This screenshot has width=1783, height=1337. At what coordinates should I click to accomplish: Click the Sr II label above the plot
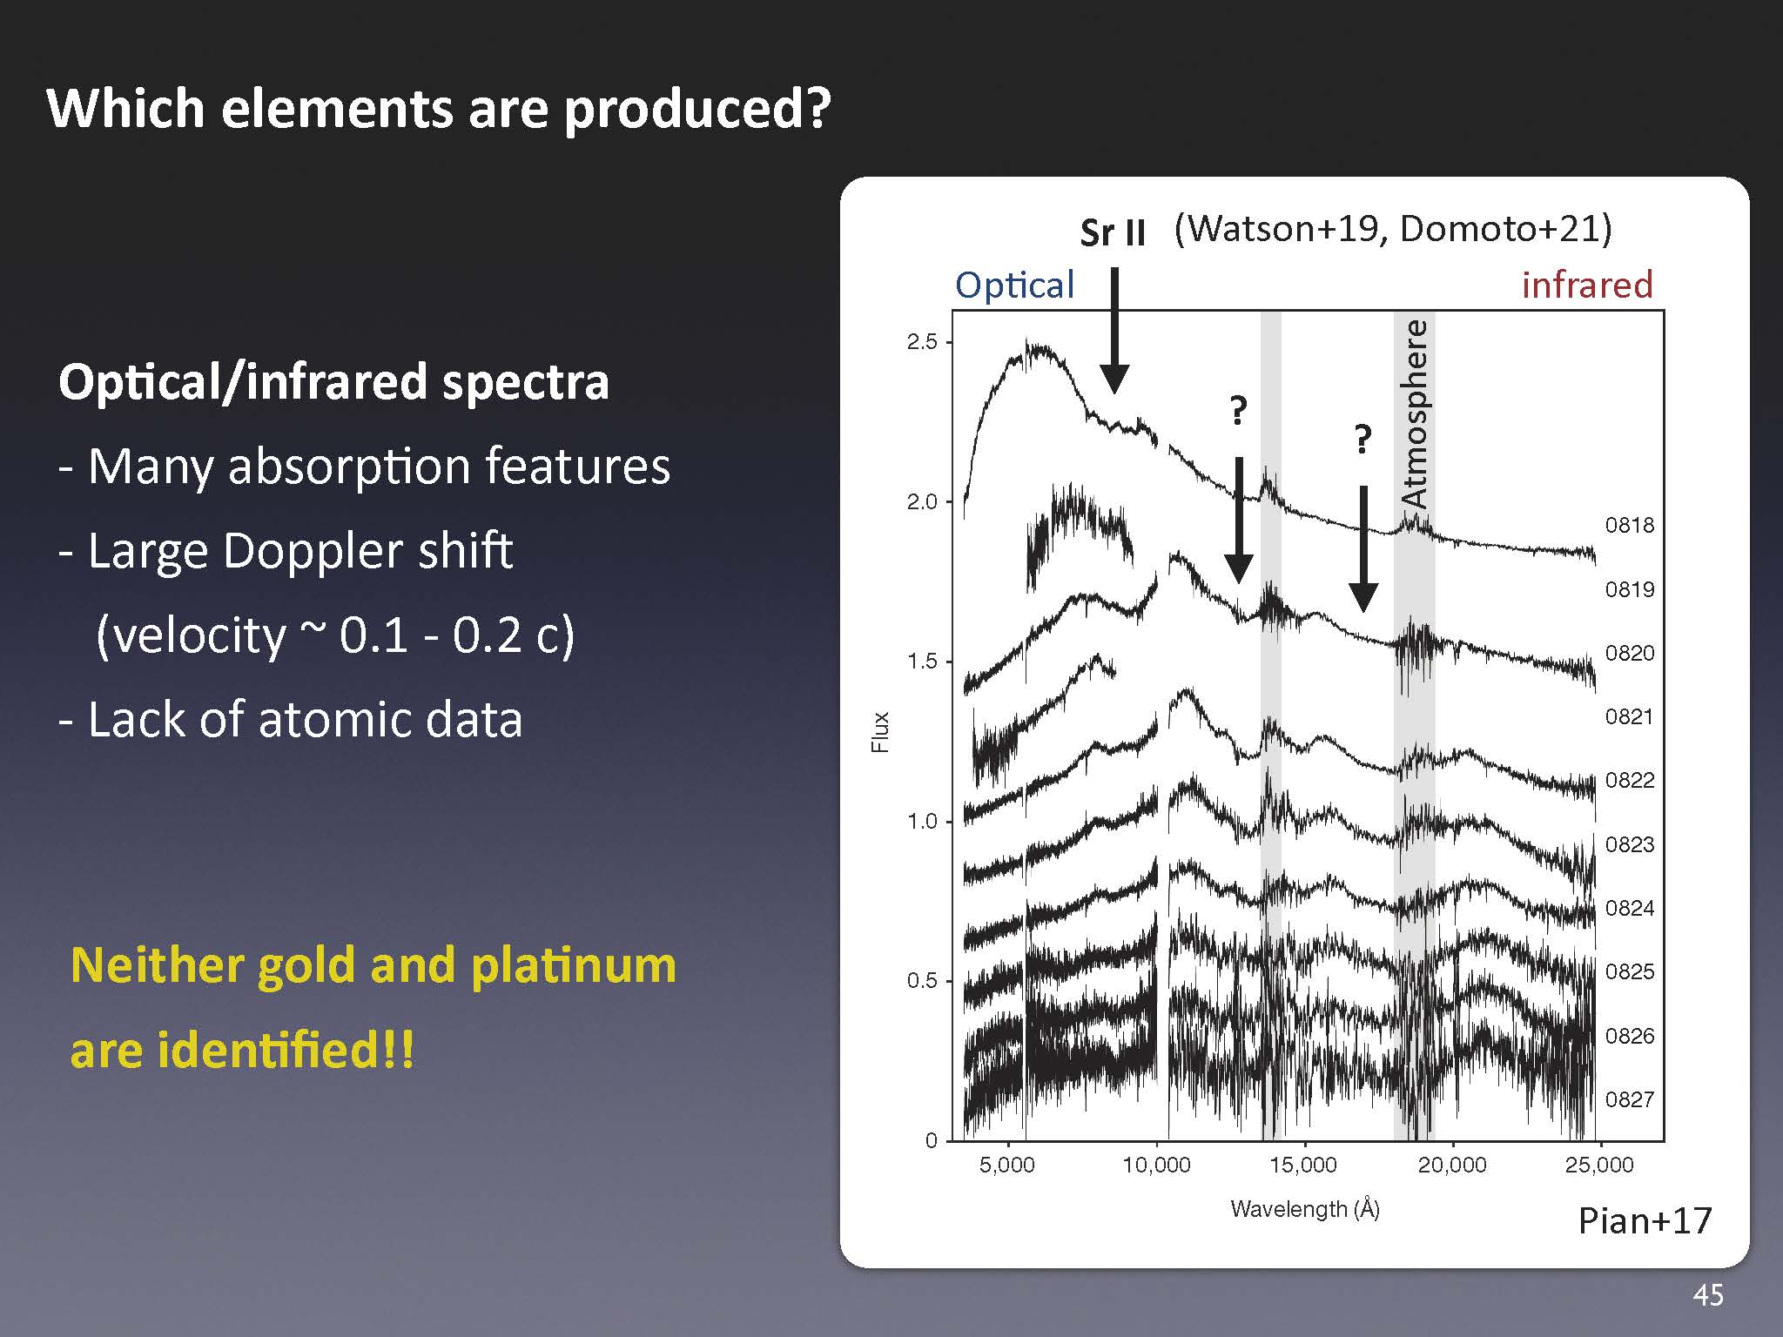(x=1113, y=232)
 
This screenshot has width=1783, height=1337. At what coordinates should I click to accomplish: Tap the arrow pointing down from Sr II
(x=1114, y=331)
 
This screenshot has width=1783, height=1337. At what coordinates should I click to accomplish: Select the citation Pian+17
(x=1645, y=1220)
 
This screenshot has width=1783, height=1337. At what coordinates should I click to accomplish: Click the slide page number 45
(x=1708, y=1295)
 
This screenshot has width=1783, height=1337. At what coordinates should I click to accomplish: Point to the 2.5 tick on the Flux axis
(x=922, y=342)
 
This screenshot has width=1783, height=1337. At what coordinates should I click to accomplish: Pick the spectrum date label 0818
(x=1630, y=525)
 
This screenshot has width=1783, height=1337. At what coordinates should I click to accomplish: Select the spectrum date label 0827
(x=1630, y=1099)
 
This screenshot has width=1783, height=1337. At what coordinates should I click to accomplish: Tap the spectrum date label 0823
(x=1630, y=844)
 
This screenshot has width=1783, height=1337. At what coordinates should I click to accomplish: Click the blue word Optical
(x=1015, y=286)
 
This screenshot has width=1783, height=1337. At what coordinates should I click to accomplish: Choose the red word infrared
(x=1587, y=285)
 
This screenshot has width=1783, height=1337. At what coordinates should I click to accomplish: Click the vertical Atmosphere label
(x=1416, y=413)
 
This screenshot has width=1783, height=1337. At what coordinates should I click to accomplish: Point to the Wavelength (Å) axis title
(x=1305, y=1209)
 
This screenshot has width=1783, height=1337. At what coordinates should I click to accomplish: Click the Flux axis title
(x=880, y=732)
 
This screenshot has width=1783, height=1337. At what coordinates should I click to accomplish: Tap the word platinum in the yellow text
(x=574, y=966)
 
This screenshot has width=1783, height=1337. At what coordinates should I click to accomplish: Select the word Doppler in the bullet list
(x=313, y=551)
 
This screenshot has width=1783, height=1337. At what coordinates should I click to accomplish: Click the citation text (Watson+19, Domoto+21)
(x=1393, y=229)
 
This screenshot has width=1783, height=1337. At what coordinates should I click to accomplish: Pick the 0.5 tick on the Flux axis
(x=922, y=981)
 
